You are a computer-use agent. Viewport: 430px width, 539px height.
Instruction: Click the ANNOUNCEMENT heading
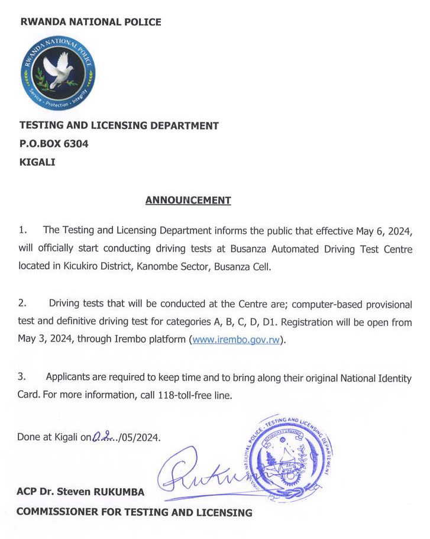[188, 200]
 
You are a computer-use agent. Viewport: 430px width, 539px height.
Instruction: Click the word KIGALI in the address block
[37, 161]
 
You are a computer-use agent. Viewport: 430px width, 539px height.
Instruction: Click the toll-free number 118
[167, 395]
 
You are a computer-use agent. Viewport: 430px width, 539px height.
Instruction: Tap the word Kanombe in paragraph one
[157, 267]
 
